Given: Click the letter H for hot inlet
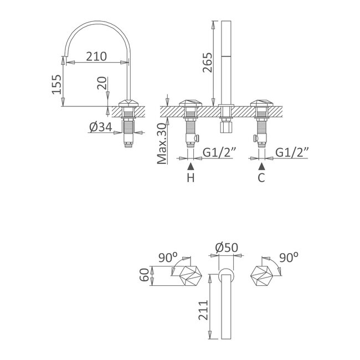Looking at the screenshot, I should click(x=191, y=178).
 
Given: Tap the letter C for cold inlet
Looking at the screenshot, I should click(x=261, y=178).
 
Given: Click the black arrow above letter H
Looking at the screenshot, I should click(x=191, y=166).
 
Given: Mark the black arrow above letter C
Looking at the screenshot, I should click(x=261, y=166).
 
